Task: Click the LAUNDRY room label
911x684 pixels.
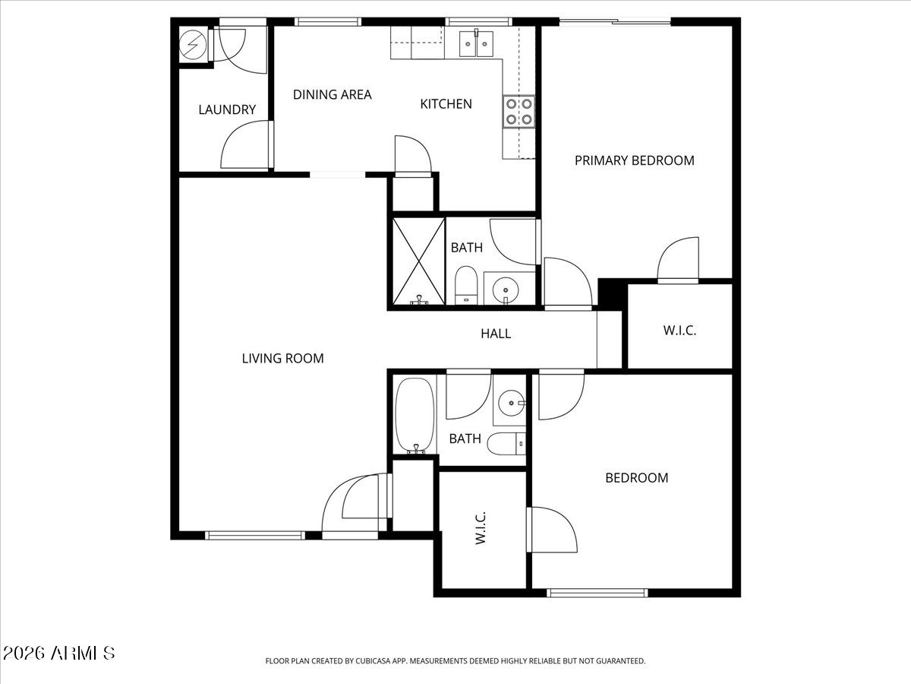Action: click(227, 109)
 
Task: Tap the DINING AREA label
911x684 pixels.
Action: click(332, 95)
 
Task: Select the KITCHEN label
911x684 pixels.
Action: click(446, 104)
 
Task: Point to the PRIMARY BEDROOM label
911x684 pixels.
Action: click(634, 160)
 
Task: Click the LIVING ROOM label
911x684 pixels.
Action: click(282, 359)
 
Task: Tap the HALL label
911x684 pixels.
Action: click(496, 334)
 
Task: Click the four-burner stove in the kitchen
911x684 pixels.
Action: click(519, 112)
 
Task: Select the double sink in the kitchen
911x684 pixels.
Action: click(476, 43)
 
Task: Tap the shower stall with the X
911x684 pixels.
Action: click(419, 261)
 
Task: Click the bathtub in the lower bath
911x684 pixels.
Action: click(415, 415)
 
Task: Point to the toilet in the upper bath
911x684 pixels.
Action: click(466, 285)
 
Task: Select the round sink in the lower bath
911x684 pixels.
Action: click(512, 403)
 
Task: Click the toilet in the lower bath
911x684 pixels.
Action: click(506, 444)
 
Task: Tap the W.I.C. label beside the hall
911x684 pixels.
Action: click(679, 331)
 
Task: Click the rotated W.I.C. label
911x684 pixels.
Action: click(481, 528)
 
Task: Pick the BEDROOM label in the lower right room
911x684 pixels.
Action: click(637, 478)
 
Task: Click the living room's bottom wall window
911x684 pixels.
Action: click(255, 536)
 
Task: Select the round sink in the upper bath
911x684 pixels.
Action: click(506, 289)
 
